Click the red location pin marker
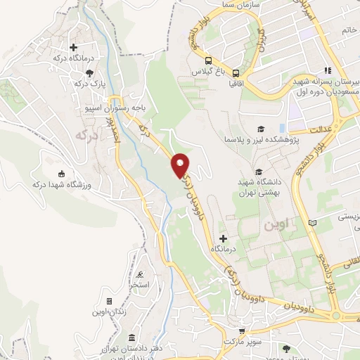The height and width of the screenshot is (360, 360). (180, 165)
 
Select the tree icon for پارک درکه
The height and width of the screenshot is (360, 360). (89, 72)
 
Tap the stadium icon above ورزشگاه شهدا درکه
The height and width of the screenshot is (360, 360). (61, 174)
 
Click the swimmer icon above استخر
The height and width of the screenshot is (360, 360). (139, 275)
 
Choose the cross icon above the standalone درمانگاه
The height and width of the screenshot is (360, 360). (224, 238)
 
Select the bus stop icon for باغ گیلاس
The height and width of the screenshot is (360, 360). (209, 60)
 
